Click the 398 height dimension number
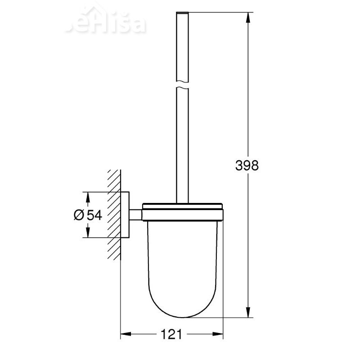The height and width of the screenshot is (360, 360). click(x=247, y=166)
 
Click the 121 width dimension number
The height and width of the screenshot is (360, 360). click(x=172, y=334)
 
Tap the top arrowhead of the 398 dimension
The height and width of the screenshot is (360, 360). click(x=248, y=16)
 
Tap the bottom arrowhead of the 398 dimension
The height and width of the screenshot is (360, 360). click(x=248, y=314)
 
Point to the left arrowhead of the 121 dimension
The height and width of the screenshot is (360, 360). click(x=126, y=334)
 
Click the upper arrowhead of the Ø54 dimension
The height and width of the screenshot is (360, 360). click(x=87, y=196)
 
